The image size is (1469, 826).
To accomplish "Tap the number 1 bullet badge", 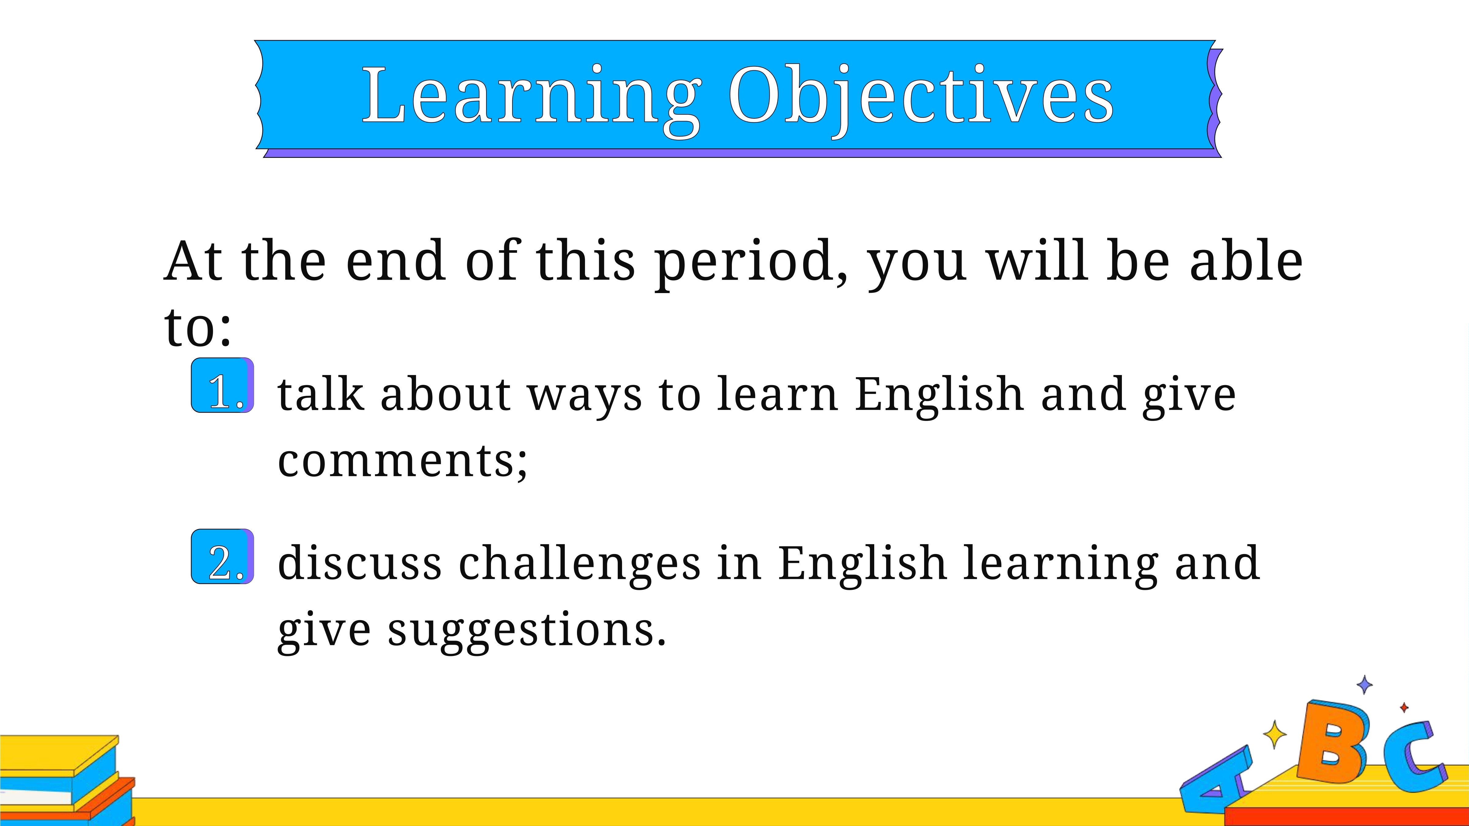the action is [223, 385].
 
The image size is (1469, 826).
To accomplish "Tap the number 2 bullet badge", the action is [223, 556].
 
